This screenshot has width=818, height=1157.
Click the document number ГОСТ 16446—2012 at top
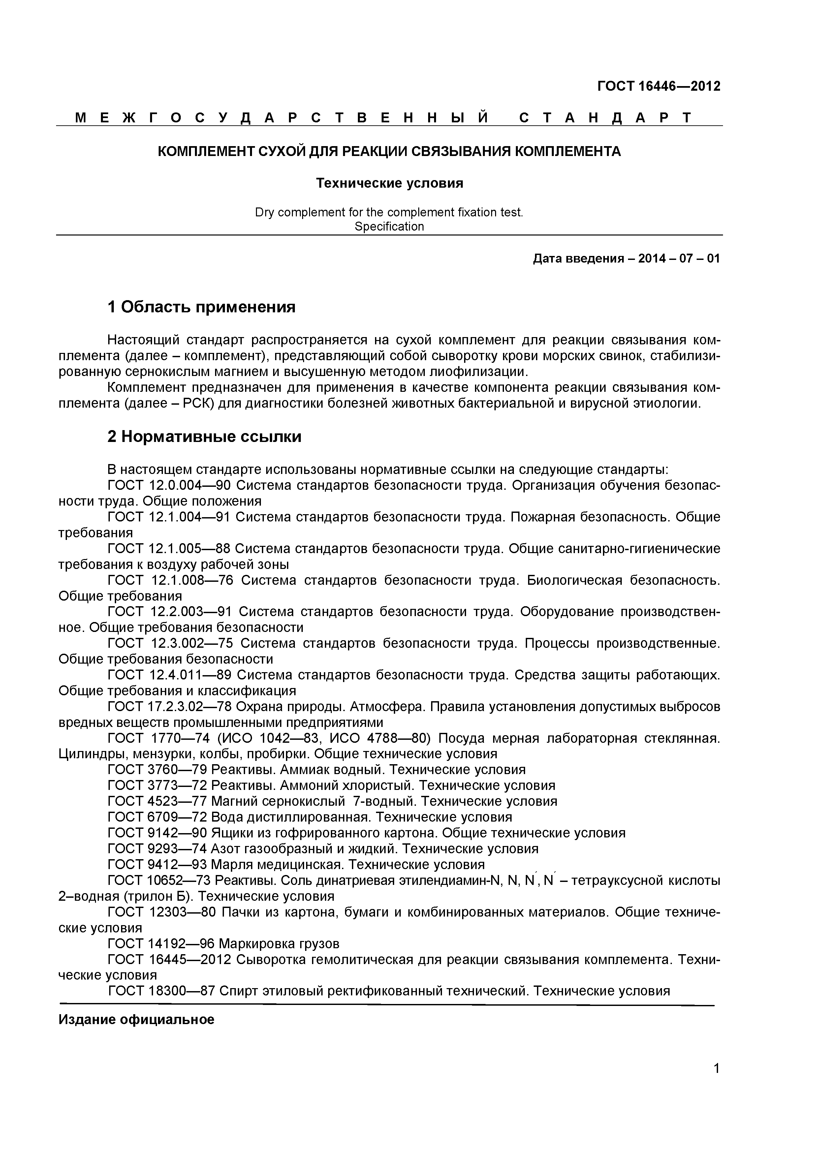pyautogui.click(x=658, y=86)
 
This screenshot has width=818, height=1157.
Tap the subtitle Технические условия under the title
pyautogui.click(x=389, y=183)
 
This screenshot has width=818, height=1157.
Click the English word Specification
pyautogui.click(x=389, y=227)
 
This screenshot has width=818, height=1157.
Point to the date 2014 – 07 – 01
pyautogui.click(x=679, y=259)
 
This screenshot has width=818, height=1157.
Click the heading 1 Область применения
pyautogui.click(x=201, y=306)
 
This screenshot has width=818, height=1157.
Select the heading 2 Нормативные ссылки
pyautogui.click(x=204, y=436)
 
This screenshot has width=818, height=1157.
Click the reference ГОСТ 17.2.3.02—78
pyautogui.click(x=170, y=707)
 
